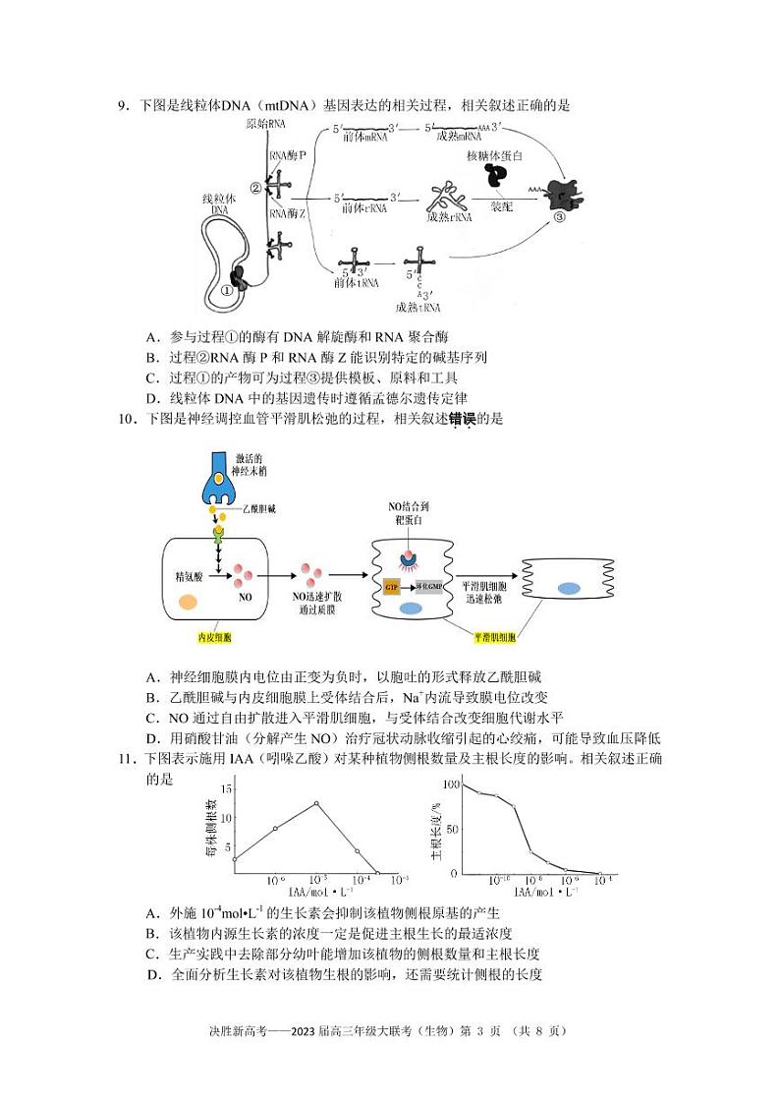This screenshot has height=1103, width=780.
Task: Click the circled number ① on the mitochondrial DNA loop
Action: point(227,290)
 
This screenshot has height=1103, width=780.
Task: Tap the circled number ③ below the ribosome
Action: point(559,218)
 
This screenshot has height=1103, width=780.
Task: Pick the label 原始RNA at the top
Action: point(265,123)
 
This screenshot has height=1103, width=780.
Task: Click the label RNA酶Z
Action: point(288,212)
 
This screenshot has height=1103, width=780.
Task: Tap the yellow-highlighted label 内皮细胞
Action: point(214,637)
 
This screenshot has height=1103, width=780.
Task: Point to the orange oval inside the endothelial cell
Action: point(189,603)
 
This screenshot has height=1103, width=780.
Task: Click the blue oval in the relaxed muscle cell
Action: point(569,588)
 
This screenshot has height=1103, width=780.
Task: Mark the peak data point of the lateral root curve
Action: point(316,803)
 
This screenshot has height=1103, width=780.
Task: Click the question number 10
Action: point(125,419)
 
